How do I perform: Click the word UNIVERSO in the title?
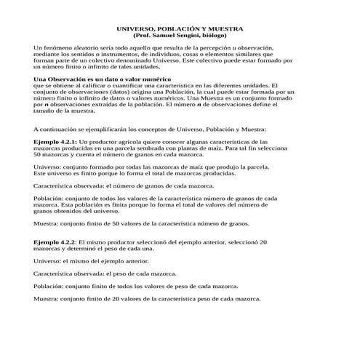[x=136, y=28]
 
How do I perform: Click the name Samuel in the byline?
[x=168, y=35]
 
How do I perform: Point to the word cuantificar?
[x=134, y=85]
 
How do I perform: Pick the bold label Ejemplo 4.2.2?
[x=56, y=241]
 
